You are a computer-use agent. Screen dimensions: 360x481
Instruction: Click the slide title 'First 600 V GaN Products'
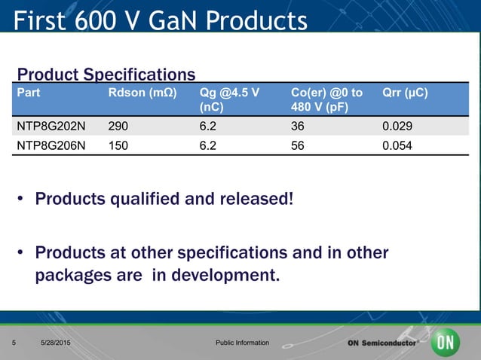click(161, 20)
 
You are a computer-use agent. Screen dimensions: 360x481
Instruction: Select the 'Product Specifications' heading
click(106, 75)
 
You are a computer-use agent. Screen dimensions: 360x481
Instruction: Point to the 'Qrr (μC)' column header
click(406, 93)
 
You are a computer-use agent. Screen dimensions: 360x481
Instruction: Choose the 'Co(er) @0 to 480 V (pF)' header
click(326, 100)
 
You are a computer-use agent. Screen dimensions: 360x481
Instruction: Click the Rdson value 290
click(118, 126)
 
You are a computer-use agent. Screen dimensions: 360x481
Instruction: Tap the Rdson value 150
click(118, 146)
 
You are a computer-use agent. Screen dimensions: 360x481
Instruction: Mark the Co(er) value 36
click(297, 126)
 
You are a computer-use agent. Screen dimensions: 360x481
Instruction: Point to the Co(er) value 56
click(297, 146)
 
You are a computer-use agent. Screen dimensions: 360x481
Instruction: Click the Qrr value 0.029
click(397, 126)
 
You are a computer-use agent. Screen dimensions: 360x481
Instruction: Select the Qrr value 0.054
click(397, 146)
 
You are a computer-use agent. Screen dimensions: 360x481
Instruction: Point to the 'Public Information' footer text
click(242, 343)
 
